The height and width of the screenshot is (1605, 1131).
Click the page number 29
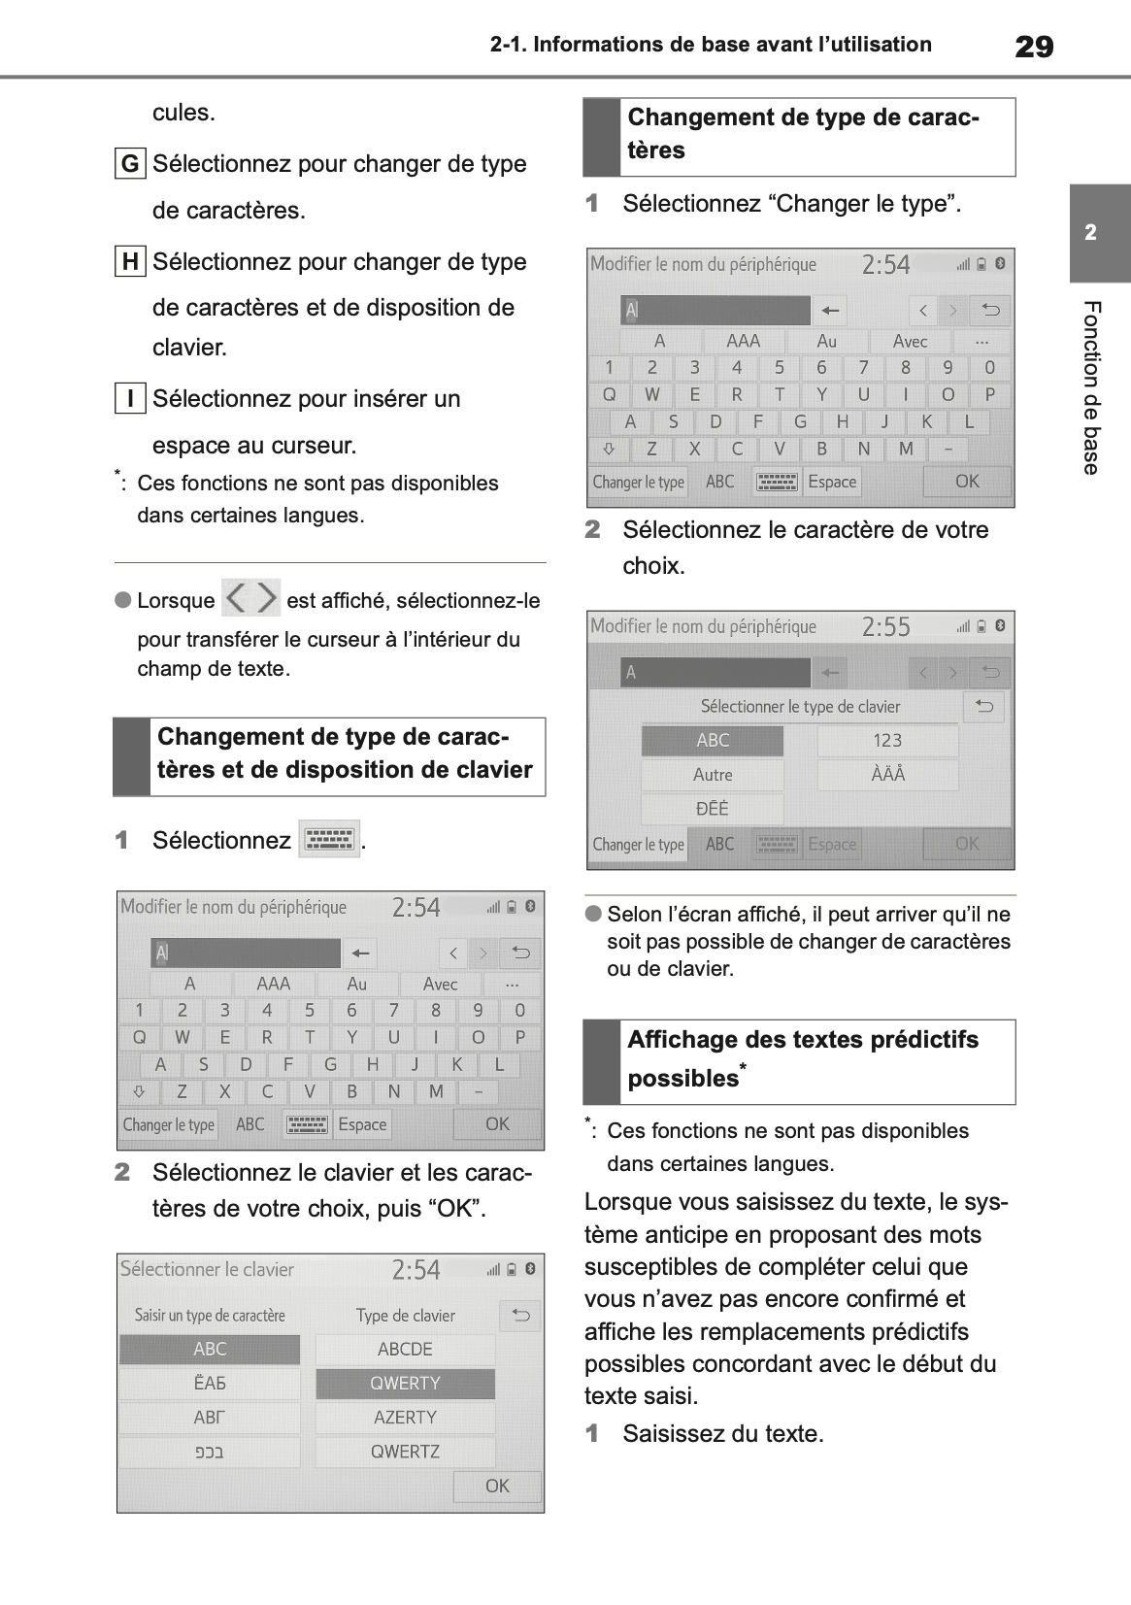point(1033,46)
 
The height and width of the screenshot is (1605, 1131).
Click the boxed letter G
point(130,163)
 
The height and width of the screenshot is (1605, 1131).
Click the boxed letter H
point(130,261)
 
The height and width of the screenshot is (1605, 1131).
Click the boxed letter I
point(130,398)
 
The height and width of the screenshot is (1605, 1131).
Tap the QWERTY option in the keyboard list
point(405,1383)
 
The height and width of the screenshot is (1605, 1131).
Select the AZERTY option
point(405,1418)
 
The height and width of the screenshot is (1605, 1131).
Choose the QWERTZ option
point(405,1452)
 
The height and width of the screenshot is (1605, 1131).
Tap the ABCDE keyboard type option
point(405,1349)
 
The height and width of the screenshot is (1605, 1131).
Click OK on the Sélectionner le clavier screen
point(497,1486)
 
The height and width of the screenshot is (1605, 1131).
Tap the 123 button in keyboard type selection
point(887,741)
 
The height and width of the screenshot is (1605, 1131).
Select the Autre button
point(713,775)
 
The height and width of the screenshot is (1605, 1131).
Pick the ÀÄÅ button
point(887,775)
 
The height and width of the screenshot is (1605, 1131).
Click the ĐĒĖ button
point(713,809)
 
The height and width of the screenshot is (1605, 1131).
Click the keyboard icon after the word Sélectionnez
point(329,840)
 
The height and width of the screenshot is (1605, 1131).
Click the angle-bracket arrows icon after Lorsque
point(251,598)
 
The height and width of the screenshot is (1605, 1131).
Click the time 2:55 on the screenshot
point(885,627)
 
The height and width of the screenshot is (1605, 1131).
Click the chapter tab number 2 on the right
point(1090,233)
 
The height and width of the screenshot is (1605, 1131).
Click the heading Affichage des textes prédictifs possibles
point(802,1058)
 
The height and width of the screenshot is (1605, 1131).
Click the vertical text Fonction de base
point(1091,388)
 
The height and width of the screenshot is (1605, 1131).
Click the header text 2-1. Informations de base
point(710,45)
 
